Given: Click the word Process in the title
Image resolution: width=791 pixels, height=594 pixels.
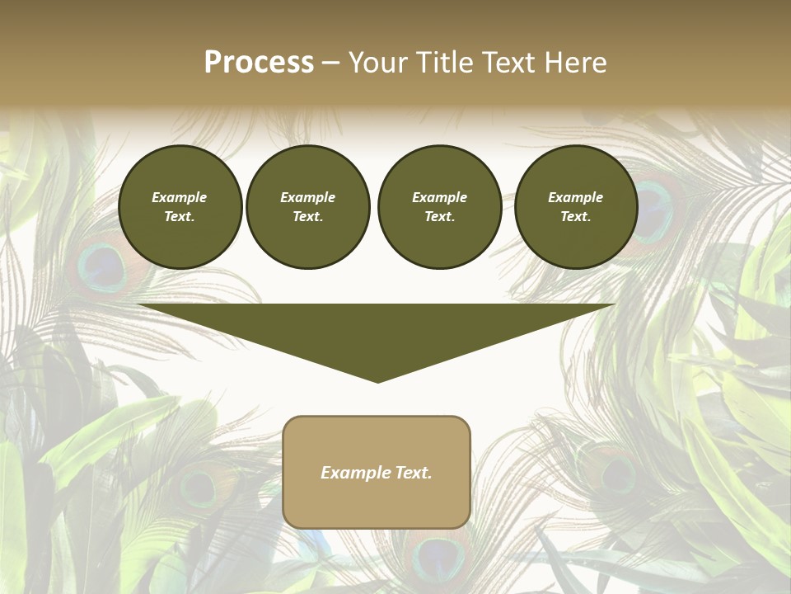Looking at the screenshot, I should [x=259, y=63].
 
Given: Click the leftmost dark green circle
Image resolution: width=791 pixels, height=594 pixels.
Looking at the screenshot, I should [x=180, y=206].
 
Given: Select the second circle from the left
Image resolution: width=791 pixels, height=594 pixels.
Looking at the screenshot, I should [x=308, y=206].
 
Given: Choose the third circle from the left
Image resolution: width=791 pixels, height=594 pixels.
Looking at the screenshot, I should [x=439, y=206].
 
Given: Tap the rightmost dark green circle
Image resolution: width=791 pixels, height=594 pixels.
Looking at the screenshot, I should [x=576, y=206].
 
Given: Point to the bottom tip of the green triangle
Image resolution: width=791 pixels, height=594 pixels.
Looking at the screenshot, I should [x=377, y=380].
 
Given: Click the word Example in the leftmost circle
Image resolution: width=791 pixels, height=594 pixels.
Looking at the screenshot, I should [x=180, y=197].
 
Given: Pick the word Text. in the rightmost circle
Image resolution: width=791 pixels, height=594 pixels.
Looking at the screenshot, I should [x=576, y=216].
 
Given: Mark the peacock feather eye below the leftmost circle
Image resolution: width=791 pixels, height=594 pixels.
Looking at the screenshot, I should [x=103, y=265].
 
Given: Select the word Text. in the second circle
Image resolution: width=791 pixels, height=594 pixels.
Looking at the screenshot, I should [x=308, y=216].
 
